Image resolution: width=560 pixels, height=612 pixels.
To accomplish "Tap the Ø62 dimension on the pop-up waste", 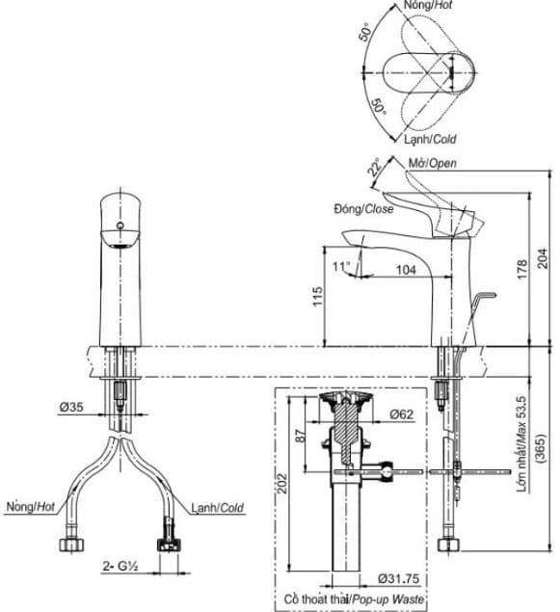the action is [403, 415].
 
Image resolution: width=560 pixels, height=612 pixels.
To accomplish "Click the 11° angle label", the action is [339, 265].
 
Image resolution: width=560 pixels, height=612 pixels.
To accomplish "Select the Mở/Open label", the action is [432, 163].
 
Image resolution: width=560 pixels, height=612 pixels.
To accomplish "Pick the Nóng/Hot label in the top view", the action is [429, 6].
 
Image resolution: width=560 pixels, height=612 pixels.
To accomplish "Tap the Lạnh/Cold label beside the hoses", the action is [216, 507].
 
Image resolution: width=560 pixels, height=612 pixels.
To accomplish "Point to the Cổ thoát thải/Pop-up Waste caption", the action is [349, 599].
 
